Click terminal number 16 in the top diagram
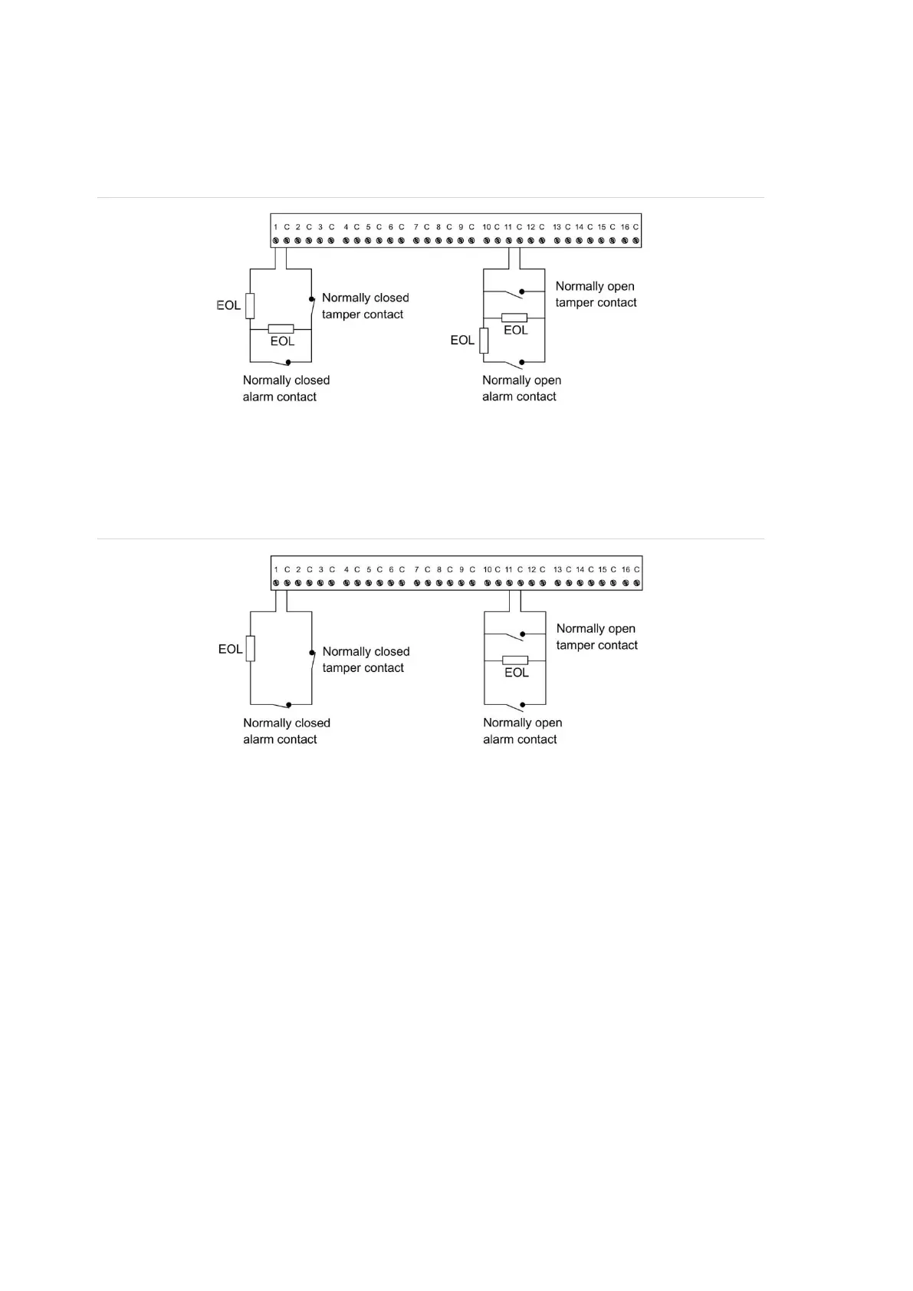tap(625, 227)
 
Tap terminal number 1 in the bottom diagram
tap(275, 570)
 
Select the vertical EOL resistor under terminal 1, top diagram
tap(250, 305)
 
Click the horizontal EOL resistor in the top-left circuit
tap(281, 328)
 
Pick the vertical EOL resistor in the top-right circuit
tap(484, 340)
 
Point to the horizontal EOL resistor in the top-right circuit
tap(514, 318)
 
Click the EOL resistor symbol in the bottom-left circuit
tap(251, 648)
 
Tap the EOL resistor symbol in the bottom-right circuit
tap(515, 660)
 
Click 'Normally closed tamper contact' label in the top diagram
tap(365, 306)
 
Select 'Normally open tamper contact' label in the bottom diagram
tap(596, 637)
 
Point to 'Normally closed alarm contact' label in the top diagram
tap(286, 388)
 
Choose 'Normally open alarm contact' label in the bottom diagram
tap(522, 731)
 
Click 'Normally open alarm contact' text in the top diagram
tap(521, 388)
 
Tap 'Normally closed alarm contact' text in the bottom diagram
tap(286, 731)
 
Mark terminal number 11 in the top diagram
tap(507, 227)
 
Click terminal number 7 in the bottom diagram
tap(417, 570)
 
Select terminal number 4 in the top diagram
tap(346, 227)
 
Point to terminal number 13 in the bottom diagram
tap(557, 570)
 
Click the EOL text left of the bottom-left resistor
tap(230, 649)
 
